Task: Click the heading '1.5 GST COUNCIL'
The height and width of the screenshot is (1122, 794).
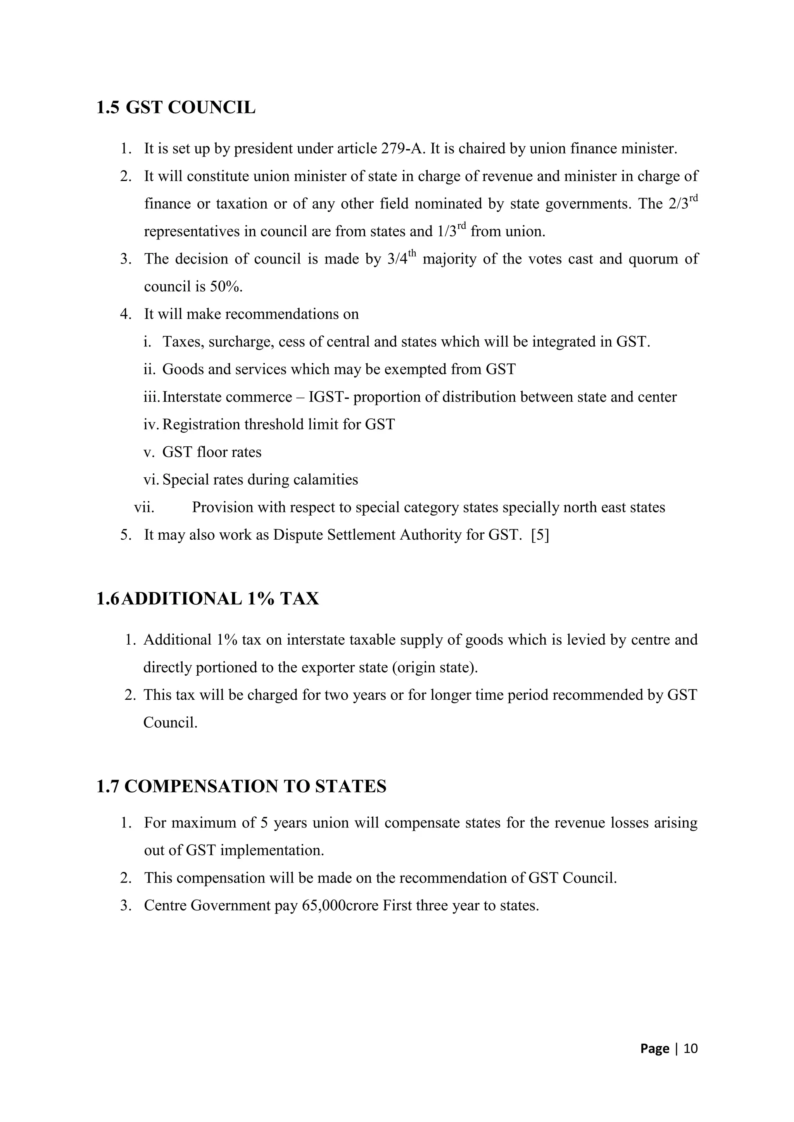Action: click(x=176, y=107)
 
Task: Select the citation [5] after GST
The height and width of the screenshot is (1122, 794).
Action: click(x=540, y=535)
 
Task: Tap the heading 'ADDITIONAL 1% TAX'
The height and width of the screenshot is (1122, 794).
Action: click(x=219, y=599)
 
